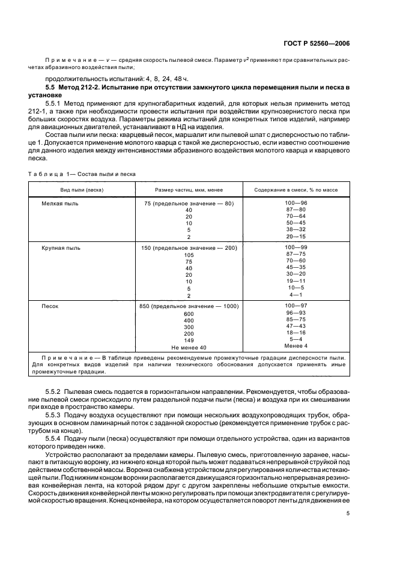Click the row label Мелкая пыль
(x=56, y=204)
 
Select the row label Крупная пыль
(x=57, y=248)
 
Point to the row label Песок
(x=50, y=306)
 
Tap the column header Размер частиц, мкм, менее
(x=189, y=190)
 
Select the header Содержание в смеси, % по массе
(x=295, y=190)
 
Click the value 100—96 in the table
(x=295, y=204)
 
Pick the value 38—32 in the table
(x=295, y=229)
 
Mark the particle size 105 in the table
(x=189, y=255)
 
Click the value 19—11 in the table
(x=295, y=280)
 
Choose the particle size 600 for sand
(x=189, y=314)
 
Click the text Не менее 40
(x=189, y=348)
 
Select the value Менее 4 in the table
(x=295, y=346)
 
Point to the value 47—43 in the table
(x=295, y=326)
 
